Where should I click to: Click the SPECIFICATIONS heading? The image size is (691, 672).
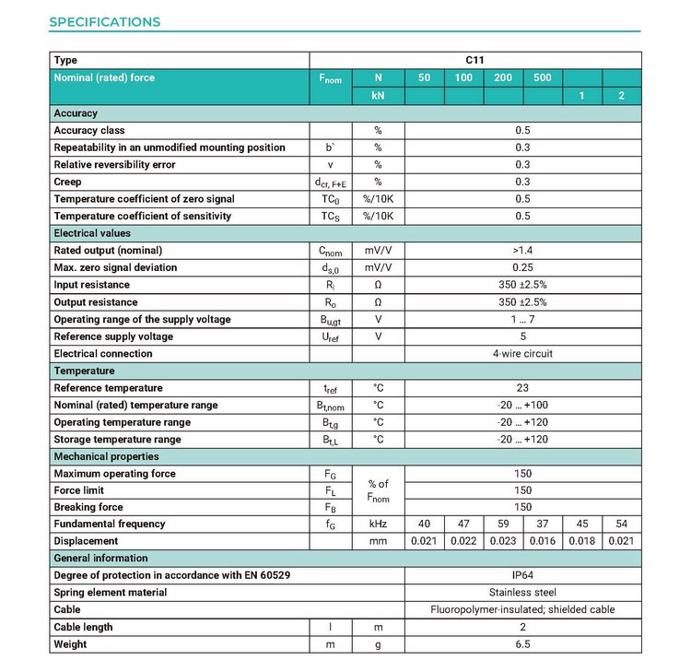[x=104, y=22]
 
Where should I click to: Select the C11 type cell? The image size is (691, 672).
[x=522, y=61]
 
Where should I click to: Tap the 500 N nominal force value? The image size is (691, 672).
[x=542, y=78]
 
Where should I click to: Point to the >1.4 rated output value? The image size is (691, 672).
[x=522, y=250]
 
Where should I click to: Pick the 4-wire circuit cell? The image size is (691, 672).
[x=522, y=353]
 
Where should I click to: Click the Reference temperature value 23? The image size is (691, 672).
[x=522, y=388]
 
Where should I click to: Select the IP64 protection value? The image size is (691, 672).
[x=522, y=575]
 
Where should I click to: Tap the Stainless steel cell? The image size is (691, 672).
[x=522, y=593]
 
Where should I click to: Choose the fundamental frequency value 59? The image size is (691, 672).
[x=503, y=524]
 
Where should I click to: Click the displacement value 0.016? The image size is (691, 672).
[x=542, y=541]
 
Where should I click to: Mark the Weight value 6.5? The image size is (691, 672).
[x=522, y=644]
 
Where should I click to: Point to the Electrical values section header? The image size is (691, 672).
[x=92, y=233]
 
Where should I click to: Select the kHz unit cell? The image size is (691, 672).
[x=378, y=524]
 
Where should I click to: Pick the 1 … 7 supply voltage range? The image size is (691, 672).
[x=522, y=319]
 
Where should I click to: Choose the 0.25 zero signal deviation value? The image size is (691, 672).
[x=522, y=267]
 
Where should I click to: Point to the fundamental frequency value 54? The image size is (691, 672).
[x=621, y=524]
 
